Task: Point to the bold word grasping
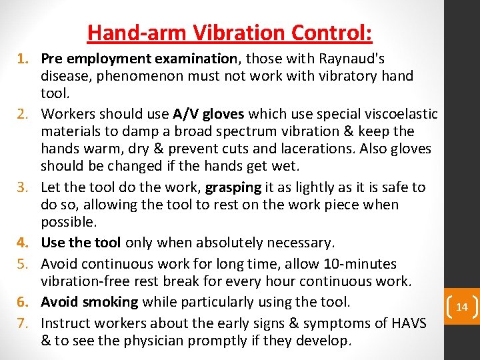pyautogui.click(x=232, y=187)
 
